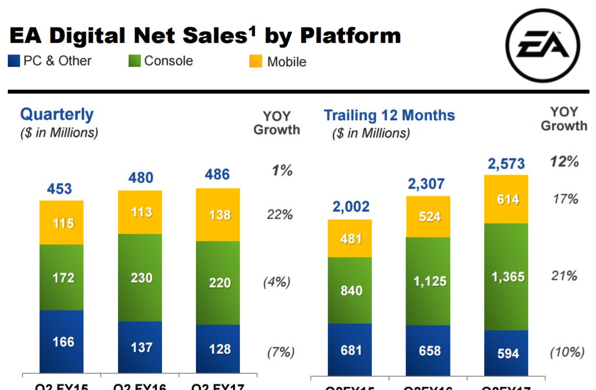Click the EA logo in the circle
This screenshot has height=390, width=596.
[543, 46]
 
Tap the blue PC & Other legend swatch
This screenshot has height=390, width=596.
[14, 61]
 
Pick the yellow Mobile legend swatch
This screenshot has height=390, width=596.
[256, 62]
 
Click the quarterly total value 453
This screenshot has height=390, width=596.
[60, 189]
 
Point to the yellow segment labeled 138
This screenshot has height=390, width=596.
[218, 215]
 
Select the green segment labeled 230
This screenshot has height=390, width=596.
[140, 278]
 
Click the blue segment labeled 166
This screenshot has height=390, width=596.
[61, 342]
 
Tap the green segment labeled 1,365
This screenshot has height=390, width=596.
[506, 277]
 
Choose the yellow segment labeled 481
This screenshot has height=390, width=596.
[350, 239]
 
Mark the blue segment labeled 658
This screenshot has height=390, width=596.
[428, 350]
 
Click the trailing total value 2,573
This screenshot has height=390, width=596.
[506, 164]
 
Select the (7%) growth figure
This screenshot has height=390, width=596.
[280, 352]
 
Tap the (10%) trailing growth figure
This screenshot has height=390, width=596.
[567, 352]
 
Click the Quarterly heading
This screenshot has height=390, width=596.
[57, 115]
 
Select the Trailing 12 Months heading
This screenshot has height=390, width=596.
[389, 115]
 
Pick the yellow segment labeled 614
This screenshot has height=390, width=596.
[506, 199]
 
